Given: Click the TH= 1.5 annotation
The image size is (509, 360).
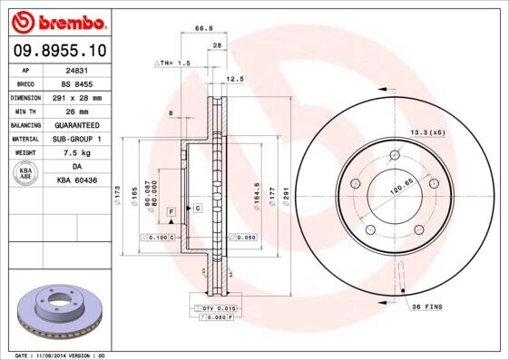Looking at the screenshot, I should [x=174, y=63].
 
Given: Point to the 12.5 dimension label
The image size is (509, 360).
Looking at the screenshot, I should [x=234, y=79].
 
